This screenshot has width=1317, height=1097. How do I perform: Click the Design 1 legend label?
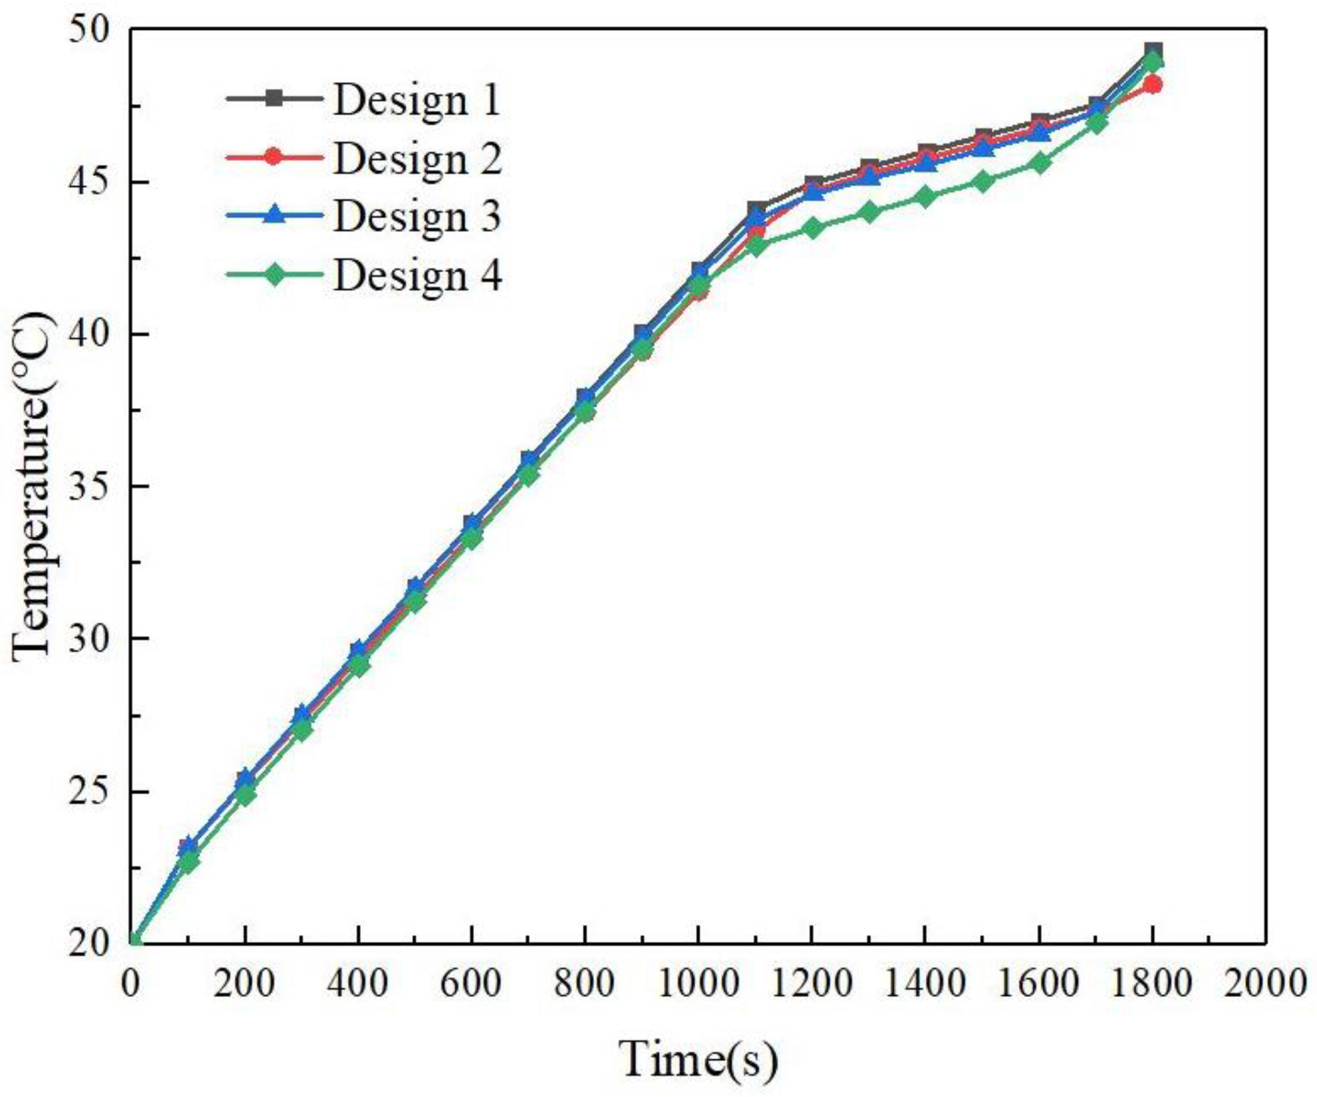click(x=417, y=101)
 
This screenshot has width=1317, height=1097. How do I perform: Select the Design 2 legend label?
click(x=417, y=158)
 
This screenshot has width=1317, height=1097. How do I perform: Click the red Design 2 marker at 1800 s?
click(x=1153, y=84)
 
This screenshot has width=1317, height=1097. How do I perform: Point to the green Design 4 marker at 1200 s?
click(x=812, y=227)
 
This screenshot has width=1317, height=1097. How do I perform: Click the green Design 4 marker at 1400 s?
click(x=926, y=196)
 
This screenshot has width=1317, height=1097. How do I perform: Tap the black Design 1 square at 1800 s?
click(x=1153, y=50)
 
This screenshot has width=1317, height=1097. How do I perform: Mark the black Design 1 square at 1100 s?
click(x=756, y=209)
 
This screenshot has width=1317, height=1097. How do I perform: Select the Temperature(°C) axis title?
click(x=33, y=486)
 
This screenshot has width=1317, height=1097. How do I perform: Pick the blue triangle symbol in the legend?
click(x=274, y=215)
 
